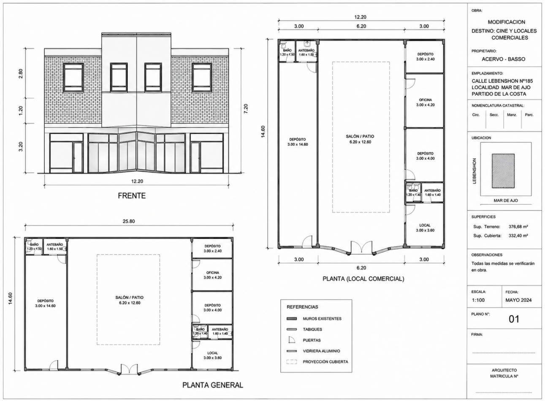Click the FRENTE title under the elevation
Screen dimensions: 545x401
pos(132,195)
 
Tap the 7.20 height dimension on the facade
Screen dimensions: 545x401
pos(246,108)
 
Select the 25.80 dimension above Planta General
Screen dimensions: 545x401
pos(129,221)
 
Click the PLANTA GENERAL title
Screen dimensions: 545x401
pos(213,385)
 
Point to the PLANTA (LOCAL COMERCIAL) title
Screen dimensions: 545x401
pos(363,279)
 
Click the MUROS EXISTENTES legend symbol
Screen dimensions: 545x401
pos(292,319)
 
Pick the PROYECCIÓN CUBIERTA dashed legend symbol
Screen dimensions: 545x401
pos(292,362)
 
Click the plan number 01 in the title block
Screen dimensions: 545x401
pos(514,319)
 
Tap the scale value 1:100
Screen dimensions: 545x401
pos(478,300)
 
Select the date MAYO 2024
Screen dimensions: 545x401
pos(518,300)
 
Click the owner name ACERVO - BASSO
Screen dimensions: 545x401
pos(503,59)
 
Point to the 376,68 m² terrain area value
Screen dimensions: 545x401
pos(518,227)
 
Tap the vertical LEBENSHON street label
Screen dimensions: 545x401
pos(474,171)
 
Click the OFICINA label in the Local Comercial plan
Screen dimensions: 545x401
pos(425,100)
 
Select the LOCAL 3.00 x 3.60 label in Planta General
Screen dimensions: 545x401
pos(213,355)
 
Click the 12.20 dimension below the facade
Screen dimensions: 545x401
pos(137,181)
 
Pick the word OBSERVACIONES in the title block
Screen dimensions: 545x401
pos(487,255)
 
